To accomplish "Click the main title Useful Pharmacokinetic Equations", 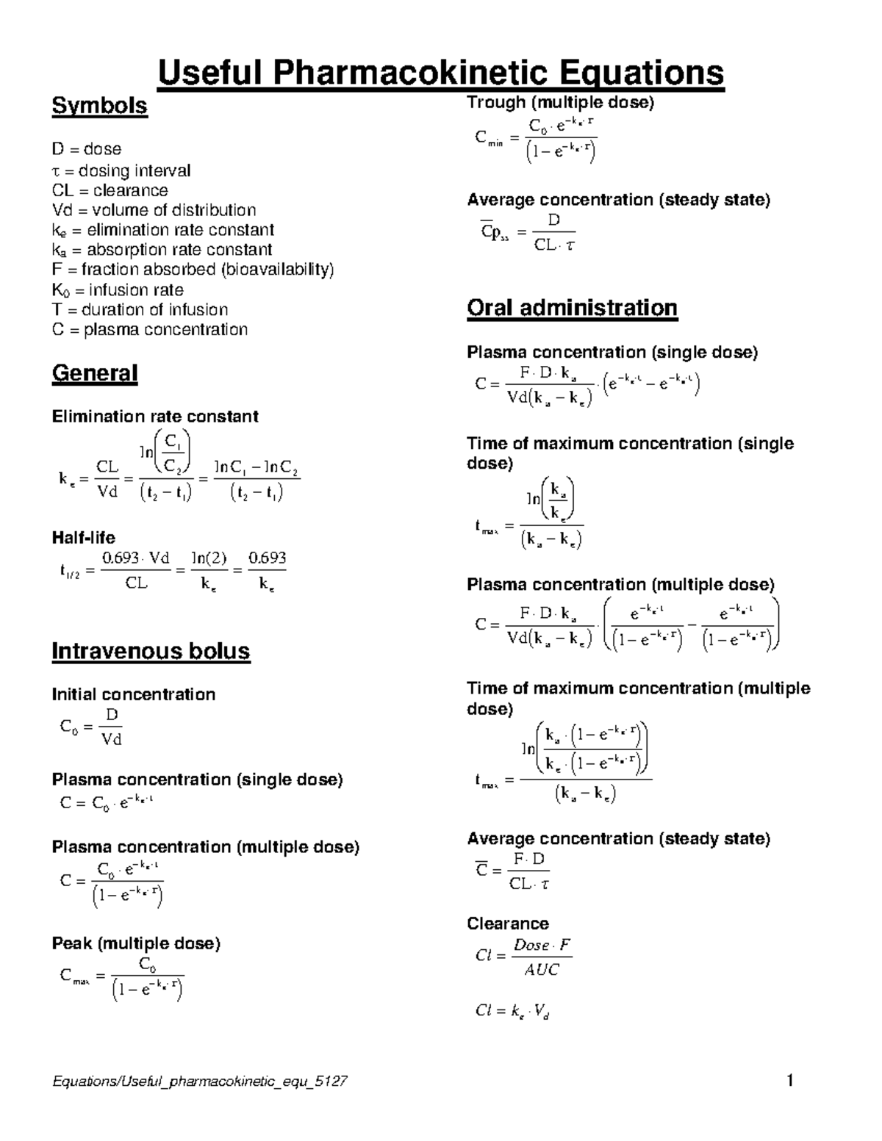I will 441,73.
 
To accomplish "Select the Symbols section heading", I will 99,106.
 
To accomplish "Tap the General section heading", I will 95,373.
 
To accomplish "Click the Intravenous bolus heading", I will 151,651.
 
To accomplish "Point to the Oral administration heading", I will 572,307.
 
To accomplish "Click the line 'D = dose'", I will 87,149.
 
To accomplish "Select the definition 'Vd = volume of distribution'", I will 154,210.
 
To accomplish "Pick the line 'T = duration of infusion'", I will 140,309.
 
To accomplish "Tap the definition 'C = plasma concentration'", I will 150,329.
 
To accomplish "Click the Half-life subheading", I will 83,537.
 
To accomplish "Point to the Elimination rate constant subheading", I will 154,417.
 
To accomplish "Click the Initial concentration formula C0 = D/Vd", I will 91,727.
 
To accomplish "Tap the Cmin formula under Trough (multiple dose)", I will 536,138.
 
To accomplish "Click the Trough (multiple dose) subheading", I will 560,103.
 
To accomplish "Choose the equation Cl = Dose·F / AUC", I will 523,957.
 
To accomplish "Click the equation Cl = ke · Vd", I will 512,1012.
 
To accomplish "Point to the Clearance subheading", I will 508,924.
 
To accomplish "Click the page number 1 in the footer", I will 789,1081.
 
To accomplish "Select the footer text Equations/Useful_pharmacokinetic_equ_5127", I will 200,1081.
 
